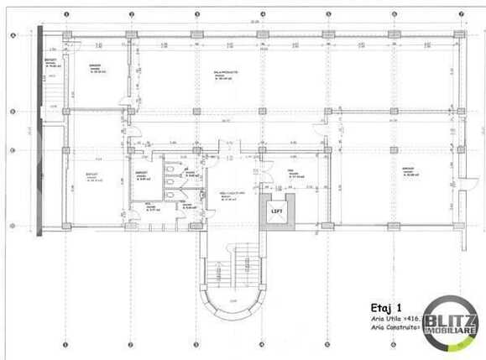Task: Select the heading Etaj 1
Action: [x=385, y=306]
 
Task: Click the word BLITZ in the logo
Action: [x=450, y=320]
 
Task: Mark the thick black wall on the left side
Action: [x=40, y=126]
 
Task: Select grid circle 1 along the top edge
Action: [x=66, y=15]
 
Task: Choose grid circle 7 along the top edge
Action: [x=460, y=15]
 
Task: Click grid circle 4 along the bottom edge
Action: [x=262, y=344]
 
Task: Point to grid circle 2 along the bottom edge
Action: [x=131, y=344]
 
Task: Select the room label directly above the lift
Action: [x=233, y=194]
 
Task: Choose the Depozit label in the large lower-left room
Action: [x=91, y=175]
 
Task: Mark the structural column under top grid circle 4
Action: [x=262, y=35]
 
